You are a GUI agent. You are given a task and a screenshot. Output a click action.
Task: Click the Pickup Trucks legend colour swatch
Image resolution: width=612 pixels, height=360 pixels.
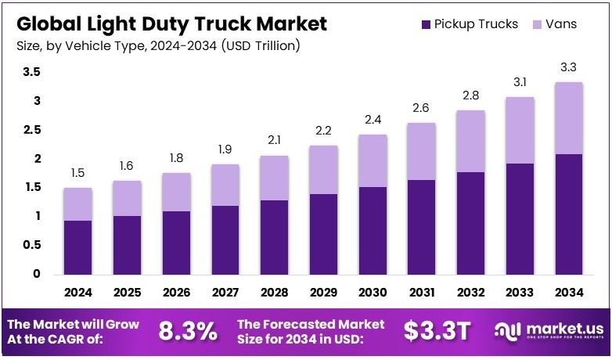pos(426,24)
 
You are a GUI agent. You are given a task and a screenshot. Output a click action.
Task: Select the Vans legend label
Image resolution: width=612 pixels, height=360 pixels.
pos(562,24)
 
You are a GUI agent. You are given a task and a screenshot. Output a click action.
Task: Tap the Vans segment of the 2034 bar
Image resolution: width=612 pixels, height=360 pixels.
pos(568,118)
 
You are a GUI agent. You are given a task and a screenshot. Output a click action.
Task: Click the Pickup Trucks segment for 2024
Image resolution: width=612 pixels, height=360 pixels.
pos(78,247)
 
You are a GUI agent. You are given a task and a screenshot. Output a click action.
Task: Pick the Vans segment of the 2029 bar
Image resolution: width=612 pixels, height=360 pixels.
pos(323,170)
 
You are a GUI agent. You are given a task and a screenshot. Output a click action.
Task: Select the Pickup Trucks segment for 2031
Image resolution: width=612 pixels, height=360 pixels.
pos(421,227)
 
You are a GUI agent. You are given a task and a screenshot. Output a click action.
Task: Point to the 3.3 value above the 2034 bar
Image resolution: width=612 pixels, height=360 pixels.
pos(568,69)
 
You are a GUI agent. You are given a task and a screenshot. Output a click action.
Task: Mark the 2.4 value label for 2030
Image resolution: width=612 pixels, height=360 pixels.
pos(373,121)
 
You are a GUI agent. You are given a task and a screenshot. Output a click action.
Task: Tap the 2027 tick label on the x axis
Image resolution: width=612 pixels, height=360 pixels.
pos(225,293)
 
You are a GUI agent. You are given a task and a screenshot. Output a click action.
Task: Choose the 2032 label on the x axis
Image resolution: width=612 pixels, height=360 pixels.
pos(470,293)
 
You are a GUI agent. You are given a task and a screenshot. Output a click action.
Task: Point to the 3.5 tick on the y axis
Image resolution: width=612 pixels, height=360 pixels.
pos(31,73)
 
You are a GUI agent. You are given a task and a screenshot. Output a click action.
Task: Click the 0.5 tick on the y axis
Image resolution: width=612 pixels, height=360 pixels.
pos(31,245)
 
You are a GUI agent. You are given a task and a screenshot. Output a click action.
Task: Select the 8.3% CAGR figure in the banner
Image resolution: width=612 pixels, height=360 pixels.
pos(188,332)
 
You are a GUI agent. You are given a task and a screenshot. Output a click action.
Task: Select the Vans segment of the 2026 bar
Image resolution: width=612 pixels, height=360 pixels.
pos(176,193)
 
